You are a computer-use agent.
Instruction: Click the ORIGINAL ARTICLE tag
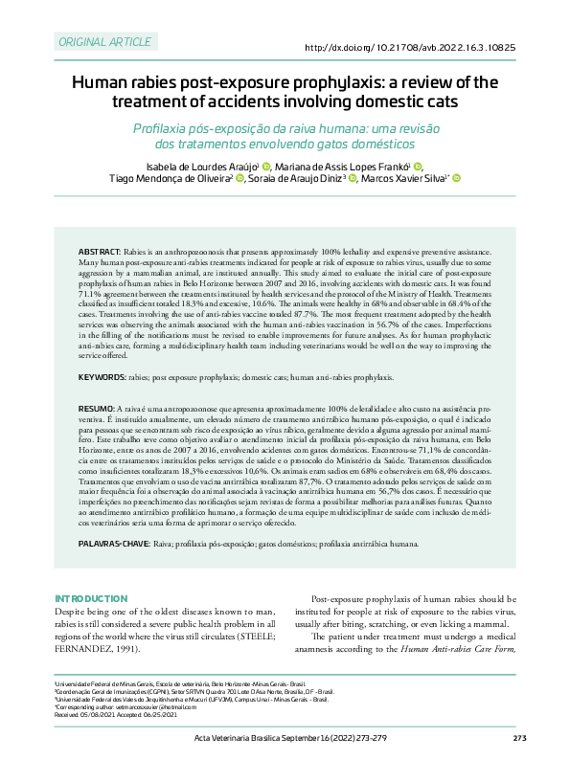point(105,42)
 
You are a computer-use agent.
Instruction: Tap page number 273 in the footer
point(520,737)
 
